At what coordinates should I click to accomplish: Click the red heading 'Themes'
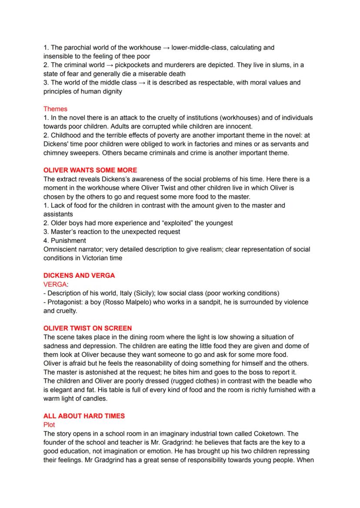55,109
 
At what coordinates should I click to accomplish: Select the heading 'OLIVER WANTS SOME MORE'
90,170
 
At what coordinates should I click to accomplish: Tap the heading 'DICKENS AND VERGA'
79,276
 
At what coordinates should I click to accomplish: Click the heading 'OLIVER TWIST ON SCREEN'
87,328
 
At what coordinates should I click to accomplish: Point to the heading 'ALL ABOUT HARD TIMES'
84,416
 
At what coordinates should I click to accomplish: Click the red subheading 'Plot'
49,425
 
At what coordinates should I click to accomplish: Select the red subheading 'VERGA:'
56,284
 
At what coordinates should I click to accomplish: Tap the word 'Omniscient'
60,249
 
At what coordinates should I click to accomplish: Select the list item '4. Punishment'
65,240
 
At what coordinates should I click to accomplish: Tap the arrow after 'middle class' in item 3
141,83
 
